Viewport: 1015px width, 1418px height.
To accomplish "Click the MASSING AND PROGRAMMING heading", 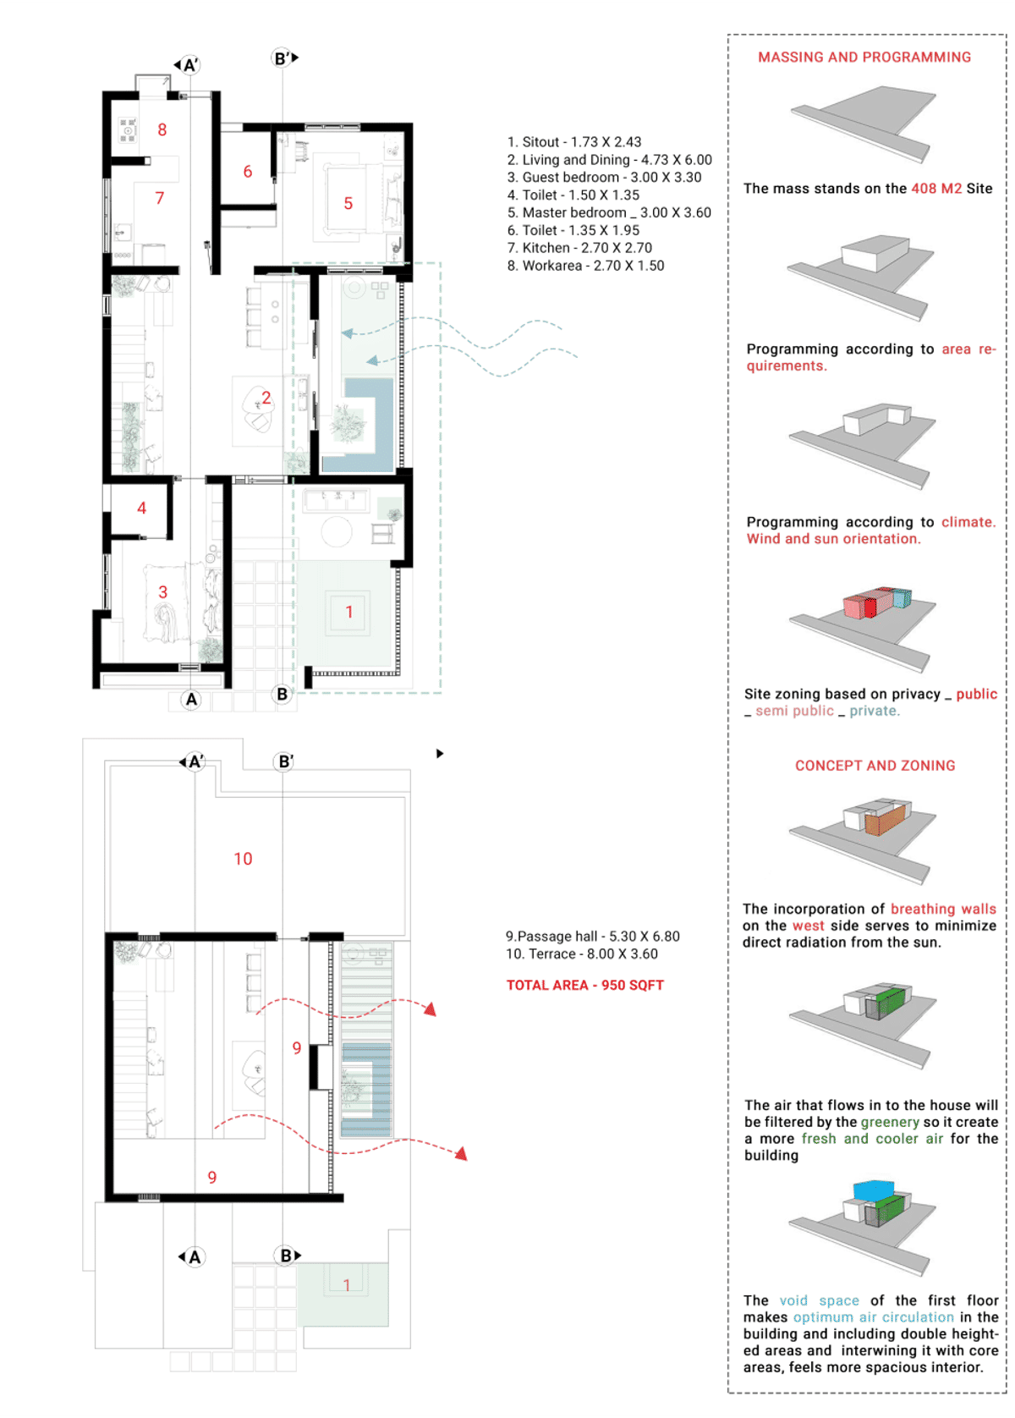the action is coord(864,57).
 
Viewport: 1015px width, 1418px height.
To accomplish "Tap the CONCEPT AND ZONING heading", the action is coord(875,766).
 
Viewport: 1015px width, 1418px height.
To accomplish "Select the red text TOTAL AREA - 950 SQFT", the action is coord(584,985).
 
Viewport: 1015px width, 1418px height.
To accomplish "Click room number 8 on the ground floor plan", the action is coord(162,129).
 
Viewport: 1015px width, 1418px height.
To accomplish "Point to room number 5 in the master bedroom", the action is coord(348,203).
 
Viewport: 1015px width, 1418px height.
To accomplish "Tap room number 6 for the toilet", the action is coord(248,172).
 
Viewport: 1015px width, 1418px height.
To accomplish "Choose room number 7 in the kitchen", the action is coord(160,198).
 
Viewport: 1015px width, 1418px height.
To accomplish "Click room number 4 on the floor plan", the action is coord(142,508).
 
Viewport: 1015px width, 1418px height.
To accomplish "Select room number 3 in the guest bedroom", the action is coord(162,592).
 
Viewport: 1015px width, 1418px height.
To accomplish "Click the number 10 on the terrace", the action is coord(243,859).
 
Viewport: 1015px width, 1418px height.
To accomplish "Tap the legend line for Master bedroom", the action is coord(609,212).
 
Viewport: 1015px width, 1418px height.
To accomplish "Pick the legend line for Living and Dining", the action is coord(609,160).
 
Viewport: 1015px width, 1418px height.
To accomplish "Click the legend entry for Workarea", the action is coord(585,266).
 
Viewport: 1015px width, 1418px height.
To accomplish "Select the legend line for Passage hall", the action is coord(592,937).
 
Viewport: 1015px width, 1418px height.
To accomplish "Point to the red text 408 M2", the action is coord(935,188).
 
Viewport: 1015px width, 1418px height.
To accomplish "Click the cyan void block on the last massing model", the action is coord(873,1190).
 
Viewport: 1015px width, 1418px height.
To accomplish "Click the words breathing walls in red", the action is coord(943,909).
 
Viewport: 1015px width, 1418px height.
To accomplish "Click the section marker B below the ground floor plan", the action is coord(283,694).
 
